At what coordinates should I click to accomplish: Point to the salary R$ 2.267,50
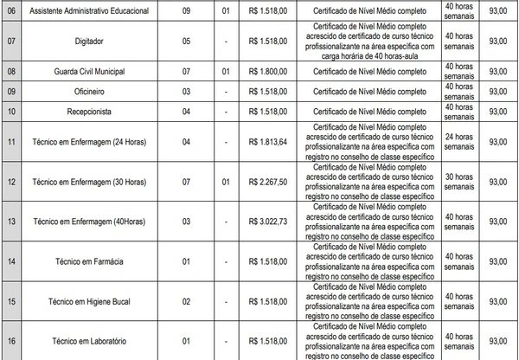(x=266, y=182)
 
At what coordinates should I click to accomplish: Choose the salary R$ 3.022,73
(x=266, y=221)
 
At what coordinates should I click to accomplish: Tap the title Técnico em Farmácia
(x=96, y=260)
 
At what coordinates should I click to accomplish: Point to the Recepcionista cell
(x=96, y=111)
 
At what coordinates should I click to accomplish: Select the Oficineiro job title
(x=96, y=92)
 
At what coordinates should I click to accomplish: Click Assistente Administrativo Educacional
(x=96, y=10)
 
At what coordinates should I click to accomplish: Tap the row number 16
(x=11, y=341)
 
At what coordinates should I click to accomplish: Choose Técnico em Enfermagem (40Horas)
(x=96, y=221)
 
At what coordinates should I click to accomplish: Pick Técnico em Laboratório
(x=96, y=341)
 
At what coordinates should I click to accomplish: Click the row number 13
(x=11, y=221)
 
